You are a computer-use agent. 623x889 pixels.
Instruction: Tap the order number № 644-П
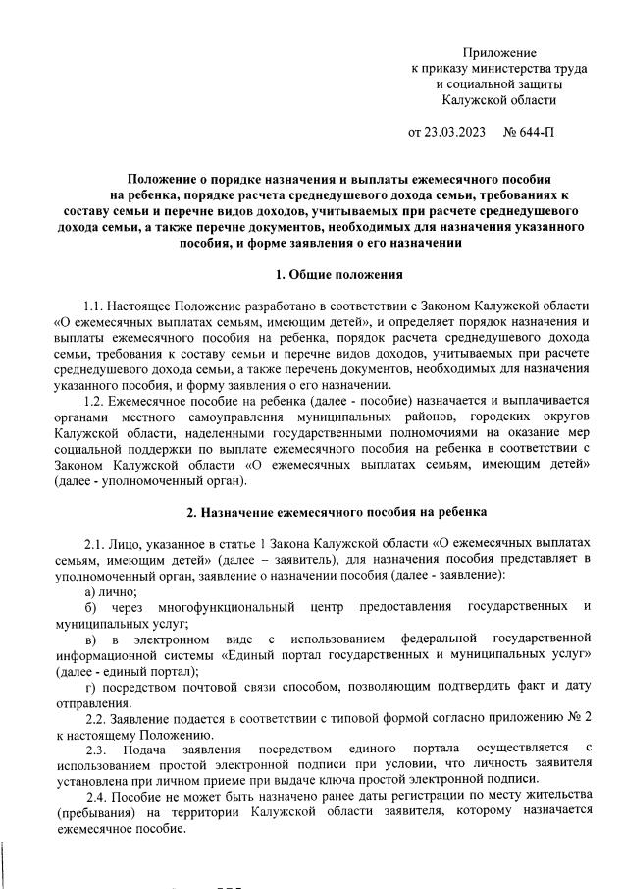coord(528,132)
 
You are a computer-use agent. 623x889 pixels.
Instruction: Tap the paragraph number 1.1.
coord(94,306)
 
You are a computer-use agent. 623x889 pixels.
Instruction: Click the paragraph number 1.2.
coord(94,400)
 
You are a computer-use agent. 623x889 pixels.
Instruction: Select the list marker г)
coord(90,687)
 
